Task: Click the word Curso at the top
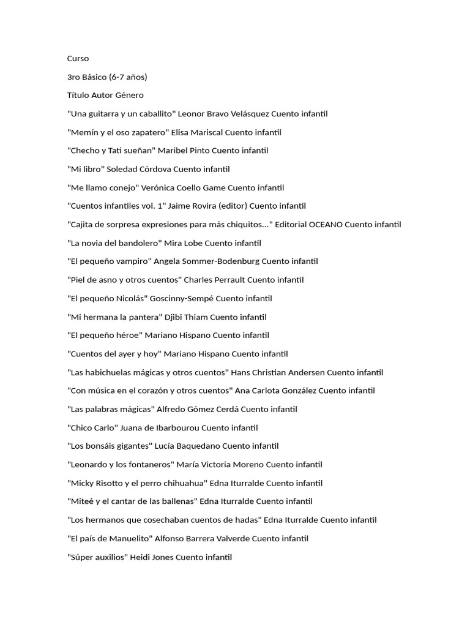click(78, 58)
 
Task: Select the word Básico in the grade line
click(92, 77)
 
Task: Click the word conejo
click(127, 187)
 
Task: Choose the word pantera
click(143, 317)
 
